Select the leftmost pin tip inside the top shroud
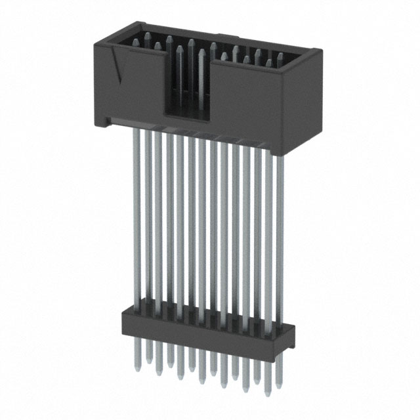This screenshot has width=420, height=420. (x=135, y=41)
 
